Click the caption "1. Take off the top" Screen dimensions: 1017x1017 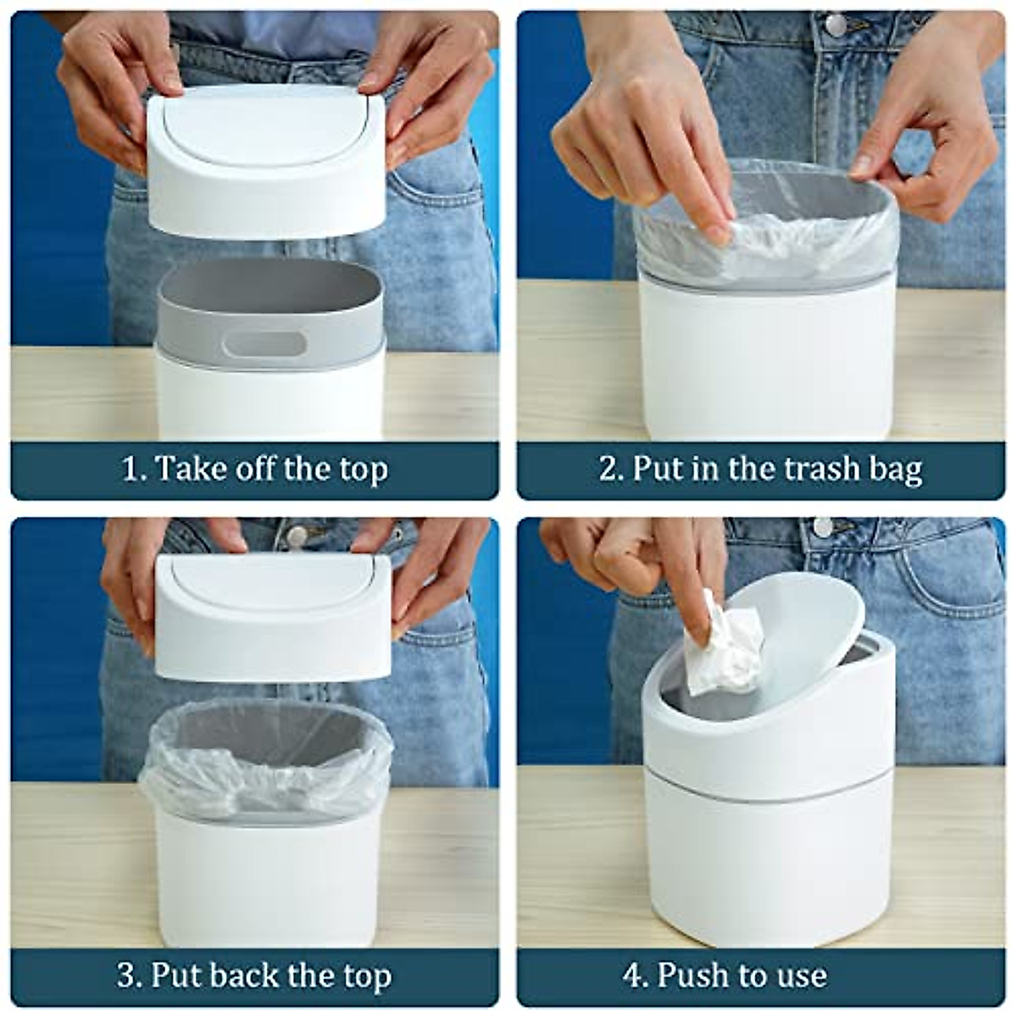pyautogui.click(x=254, y=469)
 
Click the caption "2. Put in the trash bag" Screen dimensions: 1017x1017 pyautogui.click(x=760, y=469)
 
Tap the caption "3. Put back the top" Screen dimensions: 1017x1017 pyautogui.click(x=254, y=975)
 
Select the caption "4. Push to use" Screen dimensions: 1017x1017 pyautogui.click(x=725, y=975)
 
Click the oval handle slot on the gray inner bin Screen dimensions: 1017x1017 pyautogui.click(x=264, y=343)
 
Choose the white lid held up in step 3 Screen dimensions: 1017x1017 pyautogui.click(x=273, y=614)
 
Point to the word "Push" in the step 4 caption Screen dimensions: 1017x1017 pyautogui.click(x=695, y=975)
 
